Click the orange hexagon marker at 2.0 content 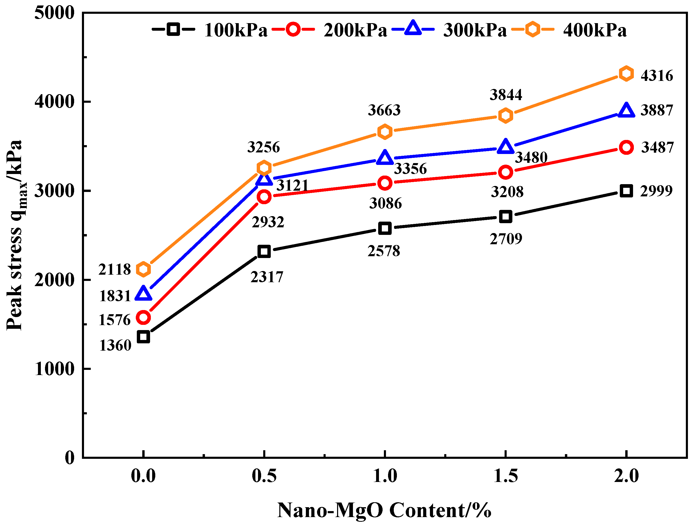tap(626, 74)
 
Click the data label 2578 tap(384, 251)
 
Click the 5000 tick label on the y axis tap(54, 13)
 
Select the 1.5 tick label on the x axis tap(505, 476)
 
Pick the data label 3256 tap(263, 147)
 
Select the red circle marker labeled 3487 tap(626, 147)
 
